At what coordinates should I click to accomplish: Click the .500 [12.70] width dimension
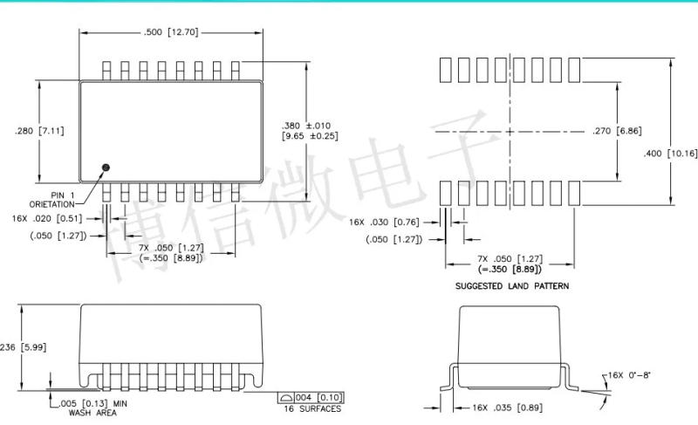click(171, 33)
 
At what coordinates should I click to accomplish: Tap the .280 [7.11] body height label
click(40, 131)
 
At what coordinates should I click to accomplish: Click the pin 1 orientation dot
click(106, 167)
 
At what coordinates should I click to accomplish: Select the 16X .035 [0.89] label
click(497, 408)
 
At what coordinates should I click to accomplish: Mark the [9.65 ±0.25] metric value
click(310, 137)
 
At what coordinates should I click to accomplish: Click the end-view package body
click(510, 345)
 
